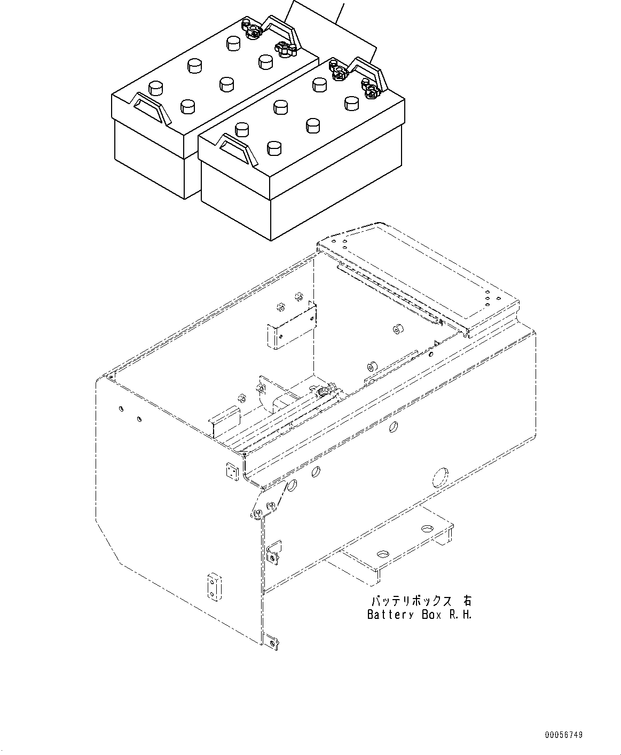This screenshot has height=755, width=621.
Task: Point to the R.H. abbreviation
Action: tap(460, 615)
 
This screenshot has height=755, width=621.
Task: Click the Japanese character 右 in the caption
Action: tap(467, 601)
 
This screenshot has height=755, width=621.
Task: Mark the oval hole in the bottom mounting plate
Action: tap(427, 528)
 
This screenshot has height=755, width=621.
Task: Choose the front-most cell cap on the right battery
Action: tap(274, 148)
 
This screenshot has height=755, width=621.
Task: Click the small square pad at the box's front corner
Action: tap(231, 471)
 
